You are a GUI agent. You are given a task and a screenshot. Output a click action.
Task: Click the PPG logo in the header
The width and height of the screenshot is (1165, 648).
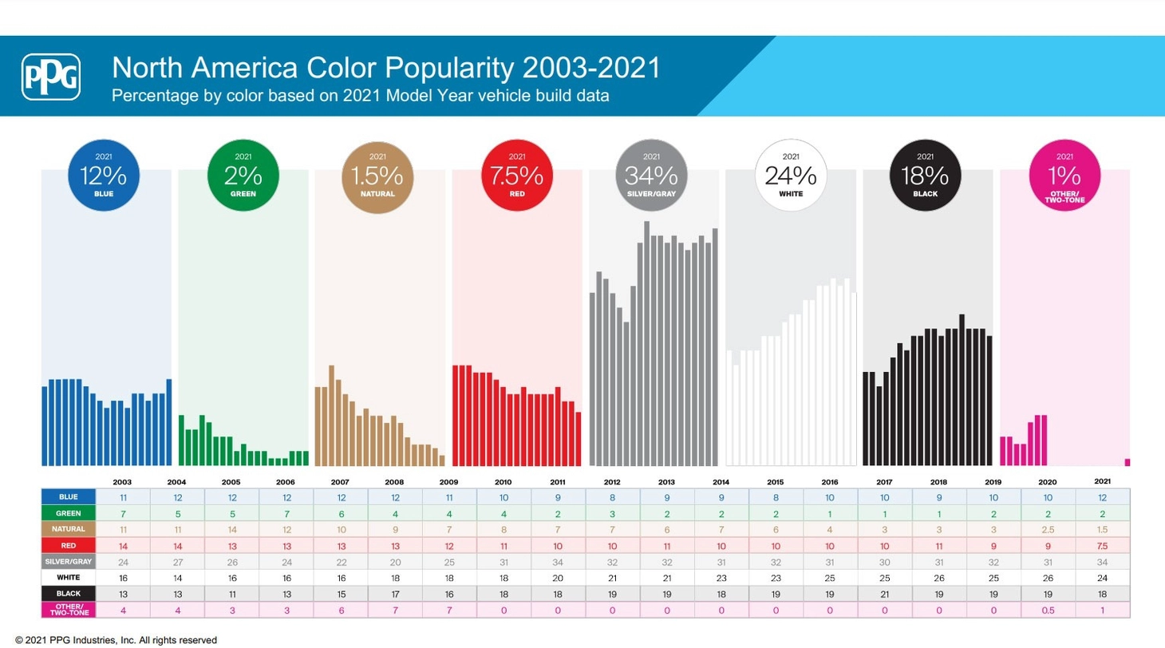[x=51, y=77]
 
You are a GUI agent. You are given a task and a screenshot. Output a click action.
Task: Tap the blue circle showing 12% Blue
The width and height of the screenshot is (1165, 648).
[x=104, y=176]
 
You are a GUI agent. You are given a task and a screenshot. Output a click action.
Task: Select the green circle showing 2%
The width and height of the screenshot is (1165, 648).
[x=243, y=176]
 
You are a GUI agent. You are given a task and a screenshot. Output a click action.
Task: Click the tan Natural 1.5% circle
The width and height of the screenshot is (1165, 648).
[x=377, y=177]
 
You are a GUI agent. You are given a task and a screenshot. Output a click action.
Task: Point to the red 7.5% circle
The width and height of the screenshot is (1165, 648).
[x=517, y=176]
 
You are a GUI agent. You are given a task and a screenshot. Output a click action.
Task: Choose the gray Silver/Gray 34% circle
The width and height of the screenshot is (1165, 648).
[x=651, y=176]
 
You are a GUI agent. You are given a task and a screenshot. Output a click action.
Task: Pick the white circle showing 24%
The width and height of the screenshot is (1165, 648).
[x=791, y=176]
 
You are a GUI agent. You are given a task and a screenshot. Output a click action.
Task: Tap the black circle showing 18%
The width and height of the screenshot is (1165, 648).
[x=926, y=176]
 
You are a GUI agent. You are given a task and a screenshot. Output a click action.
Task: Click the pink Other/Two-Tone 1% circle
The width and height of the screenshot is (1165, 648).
[x=1064, y=176]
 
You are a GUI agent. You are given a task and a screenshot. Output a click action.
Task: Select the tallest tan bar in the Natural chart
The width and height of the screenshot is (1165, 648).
[x=331, y=416]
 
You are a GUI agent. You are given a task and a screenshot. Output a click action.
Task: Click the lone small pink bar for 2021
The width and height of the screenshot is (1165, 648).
[x=1127, y=462]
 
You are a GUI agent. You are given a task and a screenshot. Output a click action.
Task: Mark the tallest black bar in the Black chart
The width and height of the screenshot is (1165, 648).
[x=962, y=390]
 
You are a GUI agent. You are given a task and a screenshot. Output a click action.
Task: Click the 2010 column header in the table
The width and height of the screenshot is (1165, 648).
[x=503, y=482]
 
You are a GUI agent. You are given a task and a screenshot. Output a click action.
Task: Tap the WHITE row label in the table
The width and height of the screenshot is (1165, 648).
[x=68, y=577]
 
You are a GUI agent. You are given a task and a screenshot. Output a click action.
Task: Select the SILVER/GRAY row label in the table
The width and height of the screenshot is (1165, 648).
[x=68, y=562]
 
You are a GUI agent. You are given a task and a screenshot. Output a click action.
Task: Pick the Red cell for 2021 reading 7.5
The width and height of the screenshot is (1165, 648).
[x=1102, y=546]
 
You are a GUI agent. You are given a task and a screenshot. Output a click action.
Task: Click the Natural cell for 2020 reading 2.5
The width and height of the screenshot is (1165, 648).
[x=1048, y=529]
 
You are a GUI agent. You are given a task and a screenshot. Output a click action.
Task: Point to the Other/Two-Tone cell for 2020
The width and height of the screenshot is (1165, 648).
[x=1048, y=610]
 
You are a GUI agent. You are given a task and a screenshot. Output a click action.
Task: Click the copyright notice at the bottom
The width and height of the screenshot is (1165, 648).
[x=116, y=640]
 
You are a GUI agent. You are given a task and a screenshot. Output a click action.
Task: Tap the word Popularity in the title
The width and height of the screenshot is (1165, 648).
[x=449, y=68]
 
